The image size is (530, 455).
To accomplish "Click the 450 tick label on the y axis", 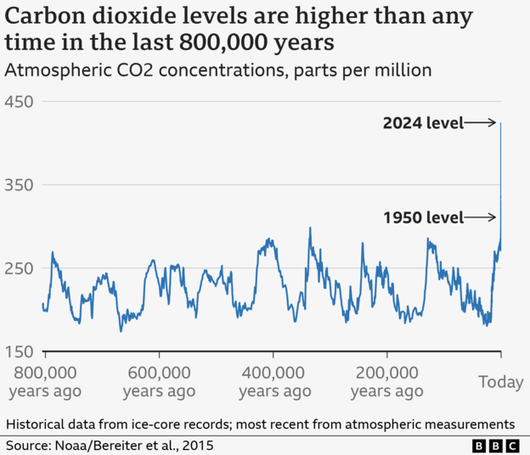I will pos(19,102).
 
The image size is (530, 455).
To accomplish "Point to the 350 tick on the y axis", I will pos(19,185).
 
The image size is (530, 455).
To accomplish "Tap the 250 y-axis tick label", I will pos(19,268).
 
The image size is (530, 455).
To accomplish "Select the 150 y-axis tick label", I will pos(19,352).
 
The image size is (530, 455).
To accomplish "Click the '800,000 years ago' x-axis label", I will pos(44,381).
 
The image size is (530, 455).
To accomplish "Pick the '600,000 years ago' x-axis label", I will pos(159,381).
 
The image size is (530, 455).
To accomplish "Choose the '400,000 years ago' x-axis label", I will pos(274,381).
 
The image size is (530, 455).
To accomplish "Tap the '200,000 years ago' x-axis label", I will pos(386,381).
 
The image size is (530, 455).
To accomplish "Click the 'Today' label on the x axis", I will pos(500,383).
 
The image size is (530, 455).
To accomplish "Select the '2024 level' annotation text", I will pos(422,123).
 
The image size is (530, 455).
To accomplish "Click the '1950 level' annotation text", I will pos(422,218).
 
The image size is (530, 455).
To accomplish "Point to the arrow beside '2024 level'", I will pos(481,123).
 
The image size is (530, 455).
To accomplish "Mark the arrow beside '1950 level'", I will pos(481,218).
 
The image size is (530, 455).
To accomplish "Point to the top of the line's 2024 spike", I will pos(501,123).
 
